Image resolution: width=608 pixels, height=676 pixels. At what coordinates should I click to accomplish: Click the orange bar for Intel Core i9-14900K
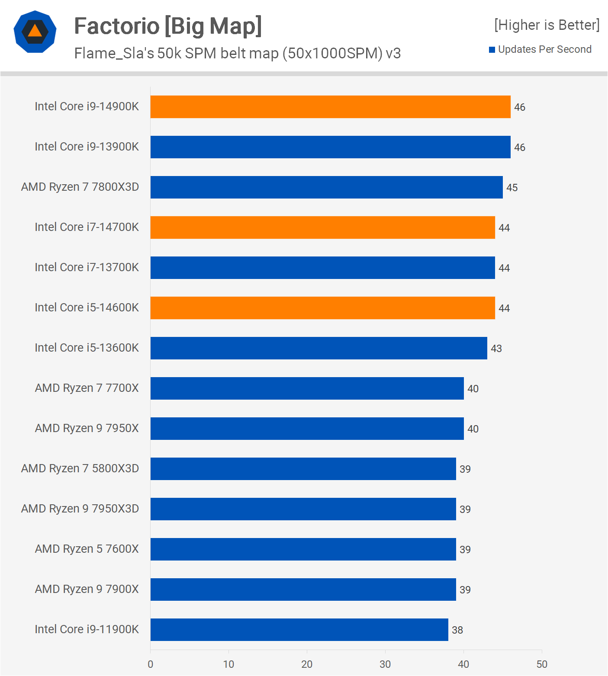click(x=330, y=107)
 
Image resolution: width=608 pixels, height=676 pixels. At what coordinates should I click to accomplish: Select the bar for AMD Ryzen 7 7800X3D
click(x=326, y=187)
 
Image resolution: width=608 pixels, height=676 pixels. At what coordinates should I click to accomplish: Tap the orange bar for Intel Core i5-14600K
click(x=322, y=308)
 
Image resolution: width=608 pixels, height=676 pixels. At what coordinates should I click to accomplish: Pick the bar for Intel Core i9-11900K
click(x=299, y=630)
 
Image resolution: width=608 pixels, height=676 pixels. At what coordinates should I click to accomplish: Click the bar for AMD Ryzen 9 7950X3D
click(x=303, y=509)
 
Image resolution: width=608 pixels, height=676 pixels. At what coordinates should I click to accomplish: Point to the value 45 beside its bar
click(x=512, y=188)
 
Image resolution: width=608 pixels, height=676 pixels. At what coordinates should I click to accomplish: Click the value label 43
click(x=496, y=349)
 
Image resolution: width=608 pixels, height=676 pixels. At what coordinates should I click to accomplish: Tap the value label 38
click(x=457, y=630)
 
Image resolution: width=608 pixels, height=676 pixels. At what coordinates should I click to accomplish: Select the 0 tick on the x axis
click(x=150, y=664)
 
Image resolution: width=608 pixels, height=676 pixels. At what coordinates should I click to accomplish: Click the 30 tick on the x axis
click(x=385, y=664)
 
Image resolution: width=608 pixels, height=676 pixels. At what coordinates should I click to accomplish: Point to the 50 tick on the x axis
click(x=542, y=664)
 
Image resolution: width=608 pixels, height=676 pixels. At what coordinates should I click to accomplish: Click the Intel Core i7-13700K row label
click(x=87, y=267)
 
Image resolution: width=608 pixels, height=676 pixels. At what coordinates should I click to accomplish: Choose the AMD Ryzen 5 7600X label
click(x=87, y=549)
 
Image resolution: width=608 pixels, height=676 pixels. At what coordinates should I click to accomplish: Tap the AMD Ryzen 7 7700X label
click(x=87, y=388)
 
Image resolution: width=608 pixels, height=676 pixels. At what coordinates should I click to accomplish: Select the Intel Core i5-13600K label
click(x=87, y=348)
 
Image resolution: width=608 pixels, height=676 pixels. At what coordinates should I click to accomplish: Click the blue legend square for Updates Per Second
click(x=492, y=50)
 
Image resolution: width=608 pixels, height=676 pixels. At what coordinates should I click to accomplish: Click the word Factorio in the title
click(x=117, y=26)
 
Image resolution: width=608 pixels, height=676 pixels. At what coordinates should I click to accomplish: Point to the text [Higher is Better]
click(x=547, y=25)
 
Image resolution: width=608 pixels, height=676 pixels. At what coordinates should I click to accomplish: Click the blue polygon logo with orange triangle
click(x=35, y=32)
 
